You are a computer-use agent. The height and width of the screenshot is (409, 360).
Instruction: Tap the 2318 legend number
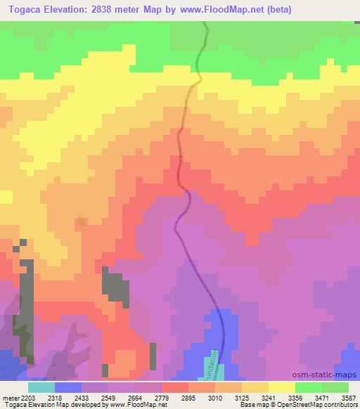[x=65, y=397]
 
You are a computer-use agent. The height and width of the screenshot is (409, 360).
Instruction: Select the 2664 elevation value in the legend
[x=146, y=397]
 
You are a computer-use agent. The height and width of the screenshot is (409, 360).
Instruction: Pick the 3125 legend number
[x=268, y=397]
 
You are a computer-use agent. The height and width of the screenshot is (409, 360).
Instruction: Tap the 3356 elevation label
[x=308, y=397]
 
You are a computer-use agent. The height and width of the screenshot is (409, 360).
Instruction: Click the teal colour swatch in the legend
[x=41, y=387]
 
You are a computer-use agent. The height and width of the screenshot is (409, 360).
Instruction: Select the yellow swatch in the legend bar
[x=282, y=387]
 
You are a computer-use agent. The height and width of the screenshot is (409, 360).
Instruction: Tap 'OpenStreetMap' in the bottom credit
[x=305, y=405]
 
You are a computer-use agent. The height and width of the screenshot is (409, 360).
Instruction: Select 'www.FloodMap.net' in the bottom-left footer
[x=140, y=405]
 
